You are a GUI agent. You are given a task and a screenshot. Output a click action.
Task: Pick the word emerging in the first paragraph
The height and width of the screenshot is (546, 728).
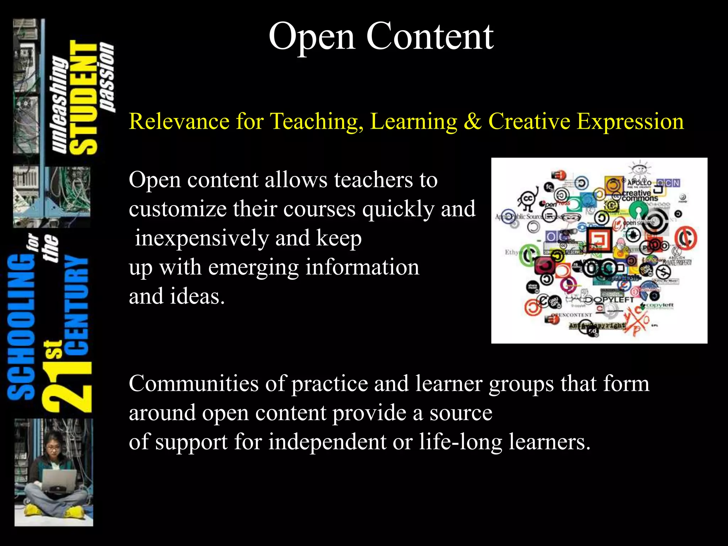(253, 268)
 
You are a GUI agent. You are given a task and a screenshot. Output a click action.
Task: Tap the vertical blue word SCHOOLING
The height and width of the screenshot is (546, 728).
(21, 327)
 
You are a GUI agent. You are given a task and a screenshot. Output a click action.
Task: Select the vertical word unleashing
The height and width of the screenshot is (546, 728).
(59, 105)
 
